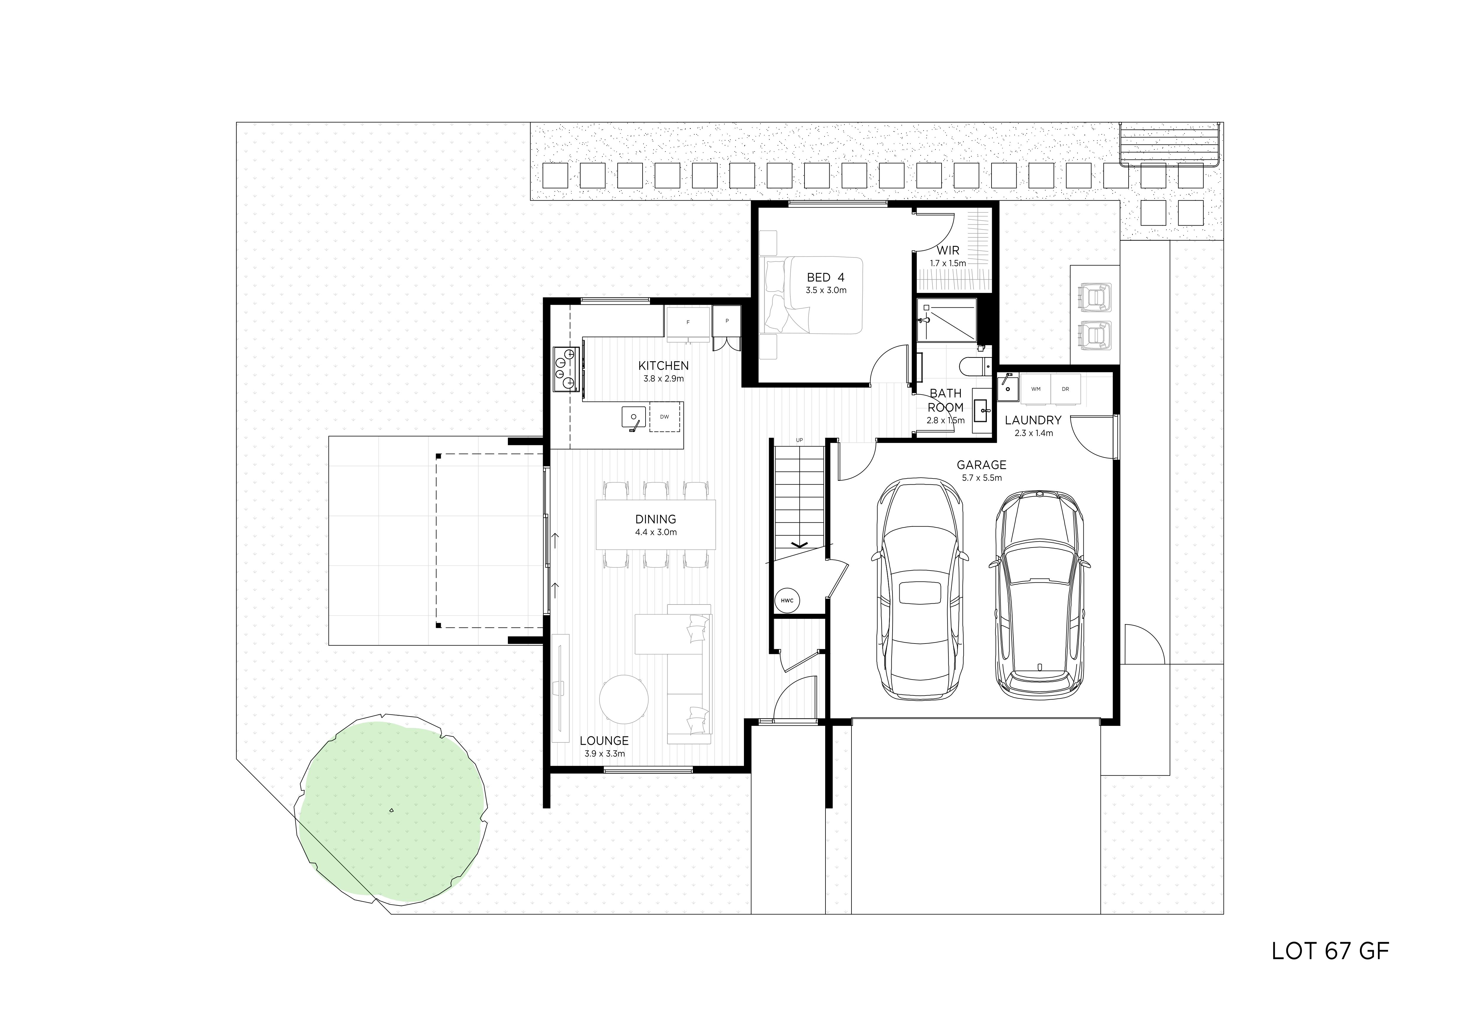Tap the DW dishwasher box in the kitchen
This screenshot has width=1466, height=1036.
pos(665,417)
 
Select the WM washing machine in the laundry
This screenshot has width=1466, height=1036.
pos(1036,389)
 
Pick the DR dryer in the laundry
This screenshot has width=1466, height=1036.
pos(1065,389)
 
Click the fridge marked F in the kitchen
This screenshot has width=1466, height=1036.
pos(688,322)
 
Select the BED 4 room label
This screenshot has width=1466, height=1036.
pos(825,277)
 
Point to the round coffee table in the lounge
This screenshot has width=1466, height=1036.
pos(625,699)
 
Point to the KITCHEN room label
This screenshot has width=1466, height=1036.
pos(663,366)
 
